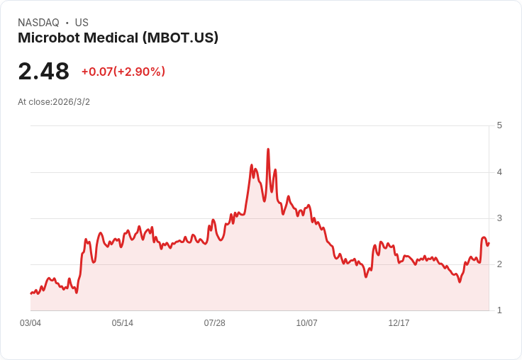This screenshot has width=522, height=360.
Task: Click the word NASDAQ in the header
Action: [38, 23]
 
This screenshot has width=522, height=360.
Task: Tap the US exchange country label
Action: [82, 23]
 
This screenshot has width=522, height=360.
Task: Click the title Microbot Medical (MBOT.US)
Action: [118, 38]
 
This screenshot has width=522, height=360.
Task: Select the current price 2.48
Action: [43, 72]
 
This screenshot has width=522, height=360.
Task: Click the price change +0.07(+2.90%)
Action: [123, 72]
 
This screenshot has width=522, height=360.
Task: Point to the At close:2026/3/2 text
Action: [54, 102]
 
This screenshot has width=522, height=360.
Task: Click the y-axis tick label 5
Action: [500, 125]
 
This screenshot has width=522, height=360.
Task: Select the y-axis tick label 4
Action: [500, 171]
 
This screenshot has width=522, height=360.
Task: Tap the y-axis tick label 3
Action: [500, 218]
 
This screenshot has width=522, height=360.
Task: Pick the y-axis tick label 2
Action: [500, 264]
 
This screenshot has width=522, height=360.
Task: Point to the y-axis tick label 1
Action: [500, 310]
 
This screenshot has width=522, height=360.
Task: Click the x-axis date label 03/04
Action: [30, 323]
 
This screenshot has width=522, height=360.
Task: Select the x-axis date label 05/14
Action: [123, 323]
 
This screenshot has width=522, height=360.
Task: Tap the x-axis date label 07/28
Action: [215, 323]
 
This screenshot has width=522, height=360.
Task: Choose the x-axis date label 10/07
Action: [307, 323]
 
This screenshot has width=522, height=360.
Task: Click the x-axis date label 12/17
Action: [399, 323]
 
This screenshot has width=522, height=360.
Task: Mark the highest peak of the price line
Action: [268, 150]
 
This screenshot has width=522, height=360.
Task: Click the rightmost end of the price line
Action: [489, 243]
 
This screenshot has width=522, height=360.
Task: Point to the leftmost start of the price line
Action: [31, 293]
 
